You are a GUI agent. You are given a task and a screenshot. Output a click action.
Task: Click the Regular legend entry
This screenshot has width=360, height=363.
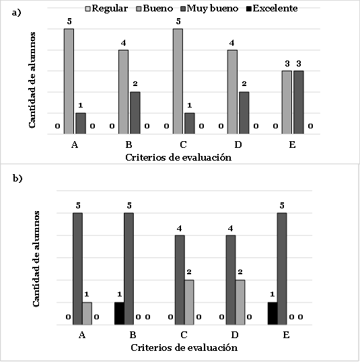(x=107, y=9)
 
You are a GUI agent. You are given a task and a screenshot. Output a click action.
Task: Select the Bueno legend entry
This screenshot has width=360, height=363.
(x=155, y=9)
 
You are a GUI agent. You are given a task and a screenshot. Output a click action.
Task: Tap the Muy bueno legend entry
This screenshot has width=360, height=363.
(x=209, y=9)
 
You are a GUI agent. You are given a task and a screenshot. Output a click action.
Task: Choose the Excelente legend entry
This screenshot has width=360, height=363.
(x=272, y=9)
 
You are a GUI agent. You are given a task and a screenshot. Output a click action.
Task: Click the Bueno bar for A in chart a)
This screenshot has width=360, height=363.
(x=69, y=81)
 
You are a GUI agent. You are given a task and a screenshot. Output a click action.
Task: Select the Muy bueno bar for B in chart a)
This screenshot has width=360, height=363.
(x=135, y=113)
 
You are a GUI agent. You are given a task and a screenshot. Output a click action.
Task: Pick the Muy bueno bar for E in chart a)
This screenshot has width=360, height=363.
(x=299, y=102)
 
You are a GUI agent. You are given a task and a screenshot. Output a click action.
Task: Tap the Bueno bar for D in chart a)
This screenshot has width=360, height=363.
(x=232, y=92)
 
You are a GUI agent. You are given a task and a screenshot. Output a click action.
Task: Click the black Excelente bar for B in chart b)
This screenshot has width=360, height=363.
(x=119, y=313)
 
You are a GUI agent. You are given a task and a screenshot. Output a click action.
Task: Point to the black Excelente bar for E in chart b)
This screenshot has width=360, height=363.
(x=273, y=313)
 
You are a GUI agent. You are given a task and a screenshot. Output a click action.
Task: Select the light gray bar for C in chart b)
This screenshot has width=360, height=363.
(x=189, y=302)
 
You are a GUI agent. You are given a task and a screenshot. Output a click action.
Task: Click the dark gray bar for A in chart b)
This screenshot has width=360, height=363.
(x=77, y=269)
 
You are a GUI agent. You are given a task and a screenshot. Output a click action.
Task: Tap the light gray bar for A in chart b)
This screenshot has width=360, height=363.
(x=87, y=313)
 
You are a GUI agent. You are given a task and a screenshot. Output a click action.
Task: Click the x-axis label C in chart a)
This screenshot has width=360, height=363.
(x=183, y=145)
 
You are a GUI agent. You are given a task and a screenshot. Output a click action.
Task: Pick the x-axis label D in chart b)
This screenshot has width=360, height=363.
(x=235, y=335)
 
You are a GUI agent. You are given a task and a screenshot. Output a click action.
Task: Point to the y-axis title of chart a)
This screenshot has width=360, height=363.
(x=32, y=80)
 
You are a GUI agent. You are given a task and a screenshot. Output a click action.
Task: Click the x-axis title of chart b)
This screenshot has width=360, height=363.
(x=184, y=348)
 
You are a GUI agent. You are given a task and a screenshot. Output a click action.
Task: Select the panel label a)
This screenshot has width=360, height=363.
(x=16, y=13)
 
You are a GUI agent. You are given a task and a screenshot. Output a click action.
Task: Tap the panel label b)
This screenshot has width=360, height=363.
(x=17, y=178)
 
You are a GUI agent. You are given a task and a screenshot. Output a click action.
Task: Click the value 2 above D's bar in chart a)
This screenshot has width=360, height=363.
(x=244, y=83)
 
